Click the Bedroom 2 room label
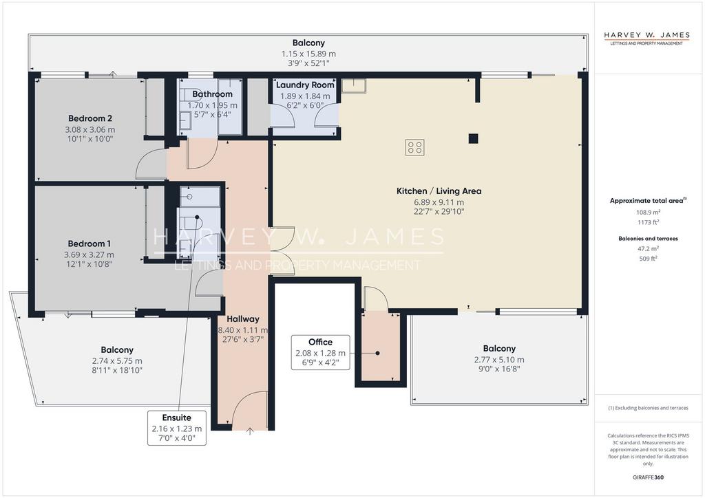(x=90, y=118)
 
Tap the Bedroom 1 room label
(x=89, y=243)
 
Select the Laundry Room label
(x=305, y=85)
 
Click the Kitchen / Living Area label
(x=439, y=191)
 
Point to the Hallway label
(x=243, y=319)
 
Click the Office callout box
(x=321, y=352)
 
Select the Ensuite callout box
(x=177, y=428)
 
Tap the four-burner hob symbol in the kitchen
(x=414, y=147)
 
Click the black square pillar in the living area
(x=473, y=138)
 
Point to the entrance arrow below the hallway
(x=250, y=431)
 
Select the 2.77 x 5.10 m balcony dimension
(x=499, y=360)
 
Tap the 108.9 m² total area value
(x=648, y=212)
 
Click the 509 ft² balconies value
(x=648, y=259)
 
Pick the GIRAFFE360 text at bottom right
(x=648, y=477)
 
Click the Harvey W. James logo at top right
(x=646, y=38)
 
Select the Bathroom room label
(x=212, y=94)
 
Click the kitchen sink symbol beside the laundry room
(x=354, y=85)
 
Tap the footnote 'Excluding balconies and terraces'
(x=648, y=408)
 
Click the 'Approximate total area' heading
(x=648, y=201)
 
